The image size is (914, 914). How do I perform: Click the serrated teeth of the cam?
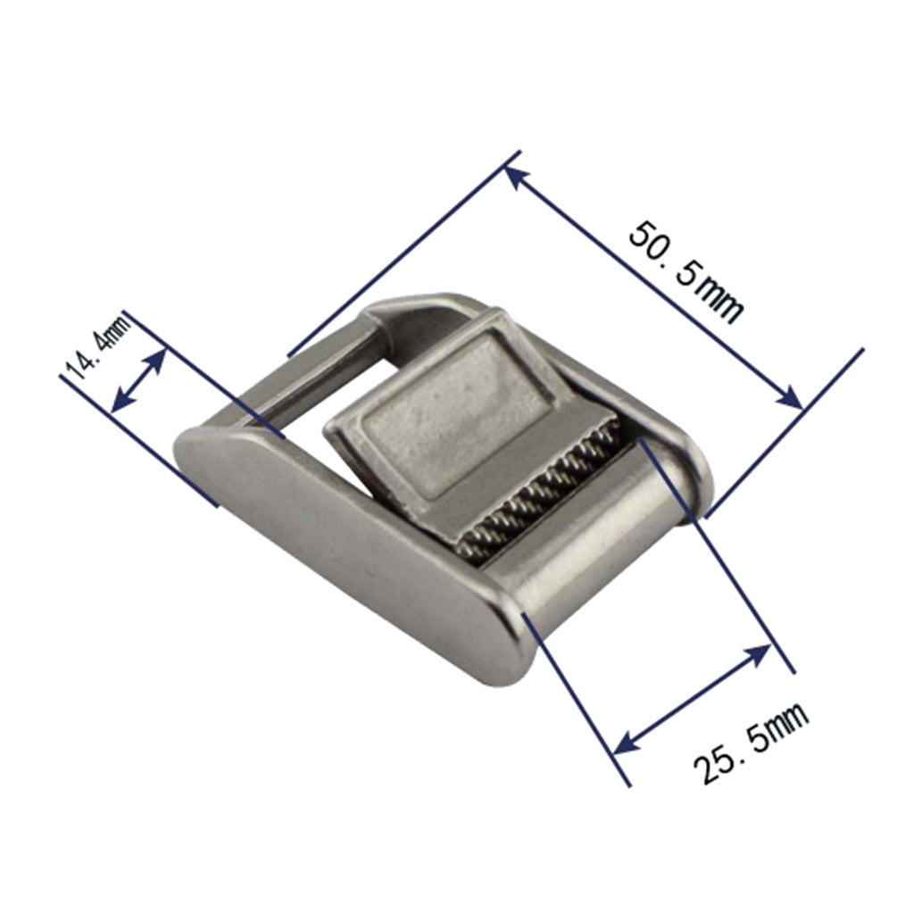pyautogui.click(x=536, y=495)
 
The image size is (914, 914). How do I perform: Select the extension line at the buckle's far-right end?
pyautogui.click(x=785, y=428)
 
